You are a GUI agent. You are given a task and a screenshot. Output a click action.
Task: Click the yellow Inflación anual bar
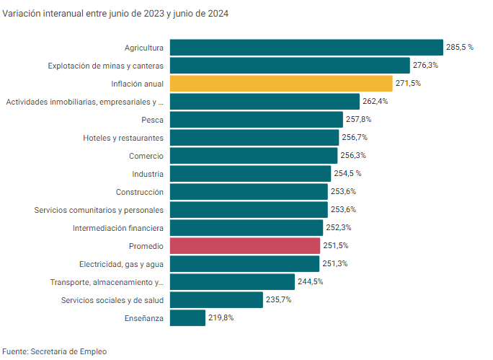pyautogui.click(x=281, y=84)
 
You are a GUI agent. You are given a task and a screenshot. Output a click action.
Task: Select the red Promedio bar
pyautogui.click(x=245, y=246)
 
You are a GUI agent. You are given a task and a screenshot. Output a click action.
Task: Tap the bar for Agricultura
pyautogui.click(x=306, y=48)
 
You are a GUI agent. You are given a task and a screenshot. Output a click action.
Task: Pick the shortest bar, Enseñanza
pyautogui.click(x=187, y=318)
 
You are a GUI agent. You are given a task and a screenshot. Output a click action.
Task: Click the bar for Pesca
pyautogui.click(x=256, y=120)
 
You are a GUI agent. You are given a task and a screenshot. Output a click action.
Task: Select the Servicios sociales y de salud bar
pyautogui.click(x=216, y=300)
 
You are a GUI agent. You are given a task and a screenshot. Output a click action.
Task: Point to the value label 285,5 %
pyautogui.click(x=460, y=48)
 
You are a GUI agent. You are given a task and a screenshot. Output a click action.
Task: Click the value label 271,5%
pyautogui.click(x=408, y=84)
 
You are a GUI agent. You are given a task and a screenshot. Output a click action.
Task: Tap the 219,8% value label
pyautogui.click(x=221, y=318)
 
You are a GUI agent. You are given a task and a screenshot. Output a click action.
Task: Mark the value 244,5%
pyautogui.click(x=310, y=282)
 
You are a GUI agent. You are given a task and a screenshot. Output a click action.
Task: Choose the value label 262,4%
pyautogui.click(x=375, y=102)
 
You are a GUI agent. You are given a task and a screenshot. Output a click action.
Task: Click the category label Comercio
pyautogui.click(x=146, y=156)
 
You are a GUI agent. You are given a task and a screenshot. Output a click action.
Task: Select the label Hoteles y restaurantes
pyautogui.click(x=123, y=138)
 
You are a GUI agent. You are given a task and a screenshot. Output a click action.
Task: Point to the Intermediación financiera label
pyautogui.click(x=118, y=228)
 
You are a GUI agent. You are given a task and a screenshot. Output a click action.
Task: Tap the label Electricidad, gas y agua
pyautogui.click(x=121, y=264)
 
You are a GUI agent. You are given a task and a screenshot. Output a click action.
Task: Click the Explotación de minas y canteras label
pyautogui.click(x=106, y=66)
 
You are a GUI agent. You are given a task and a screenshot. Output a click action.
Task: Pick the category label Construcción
pyautogui.click(x=140, y=192)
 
